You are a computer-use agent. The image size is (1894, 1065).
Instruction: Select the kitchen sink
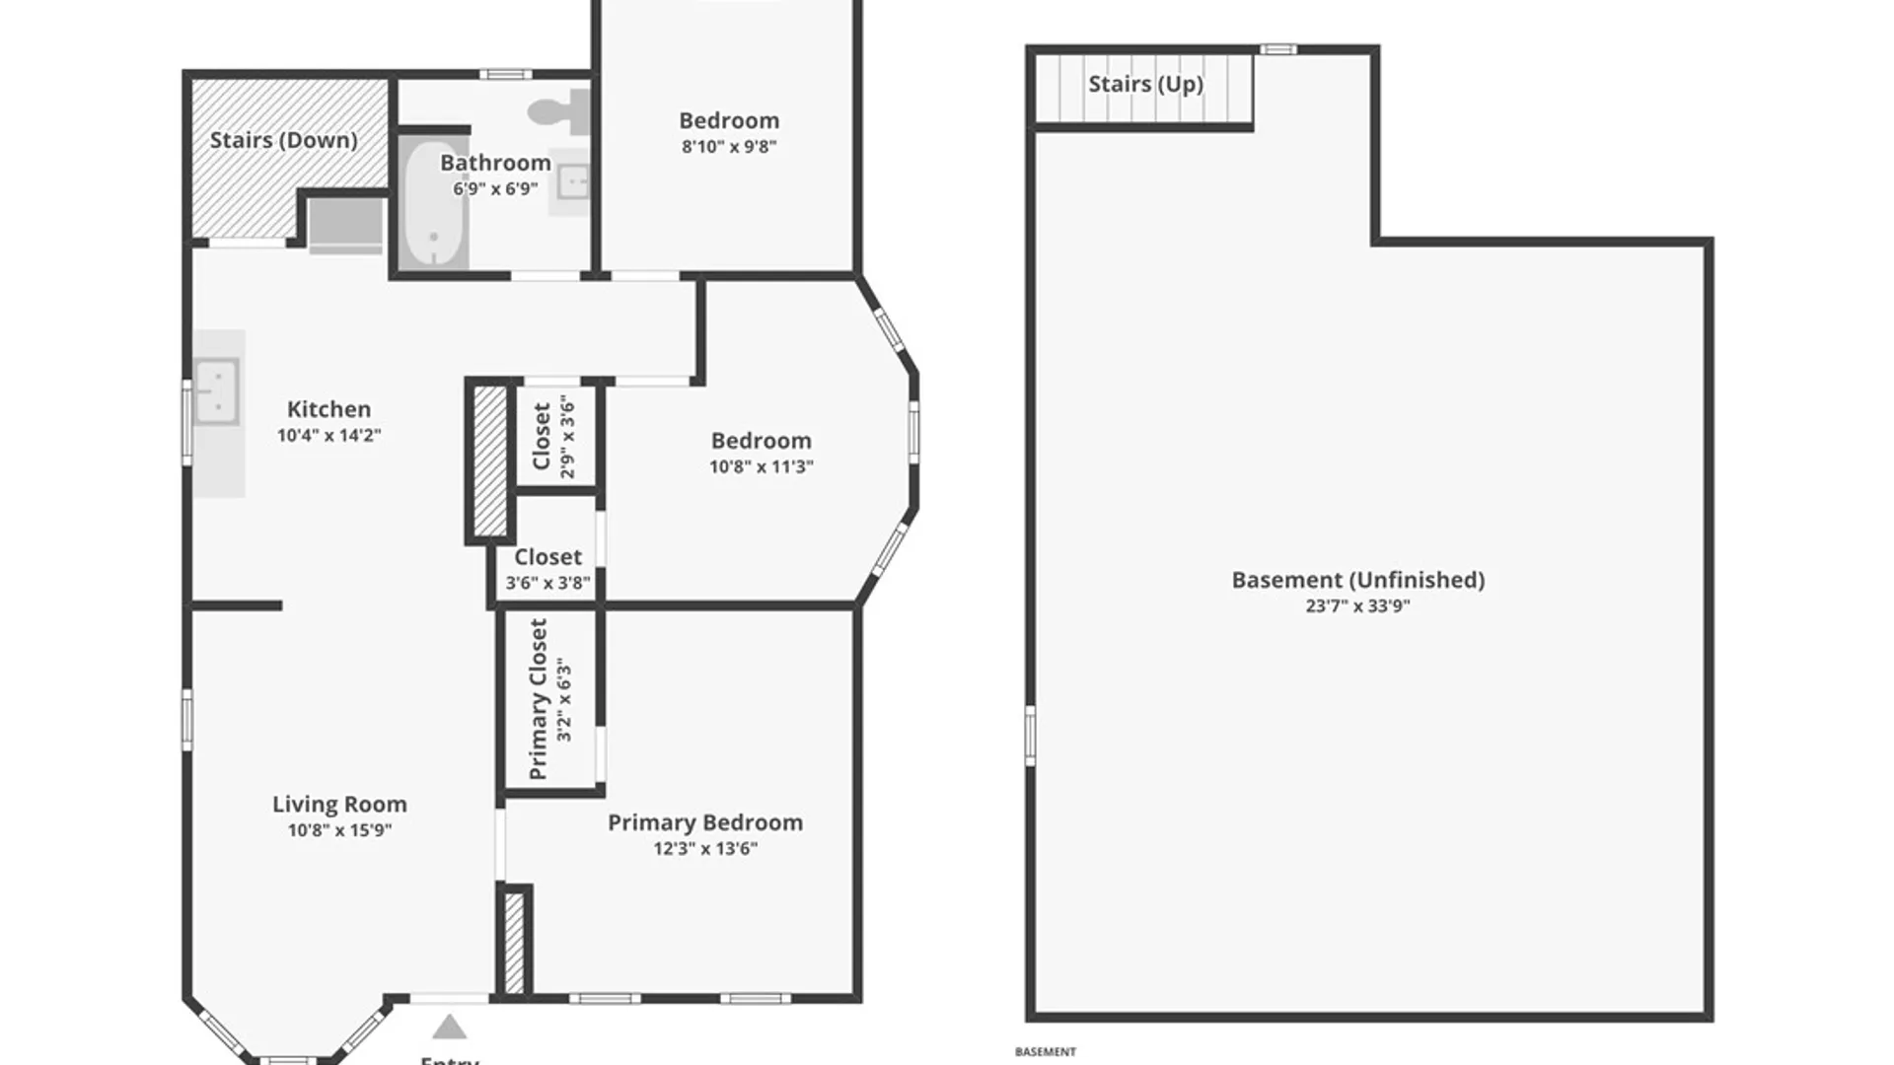(216, 390)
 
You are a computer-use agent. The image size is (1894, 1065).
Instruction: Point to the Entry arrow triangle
(450, 1028)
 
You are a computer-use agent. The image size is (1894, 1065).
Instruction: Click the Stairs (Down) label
(283, 140)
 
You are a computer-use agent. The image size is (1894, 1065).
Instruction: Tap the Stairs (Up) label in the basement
(1145, 84)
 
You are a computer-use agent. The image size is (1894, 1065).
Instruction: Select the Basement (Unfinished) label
(1357, 580)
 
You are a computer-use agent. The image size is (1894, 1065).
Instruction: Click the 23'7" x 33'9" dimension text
(1357, 606)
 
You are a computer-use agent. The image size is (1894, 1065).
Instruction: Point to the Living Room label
(339, 805)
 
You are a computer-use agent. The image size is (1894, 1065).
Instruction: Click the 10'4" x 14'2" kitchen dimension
(328, 435)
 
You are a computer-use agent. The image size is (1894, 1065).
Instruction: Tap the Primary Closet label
(539, 698)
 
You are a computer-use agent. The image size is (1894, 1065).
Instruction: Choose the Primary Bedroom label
(704, 822)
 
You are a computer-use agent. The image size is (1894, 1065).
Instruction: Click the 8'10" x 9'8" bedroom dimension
(729, 147)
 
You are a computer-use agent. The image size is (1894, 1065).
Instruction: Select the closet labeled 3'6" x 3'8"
(547, 569)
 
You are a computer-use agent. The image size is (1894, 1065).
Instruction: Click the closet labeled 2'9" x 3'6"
(552, 436)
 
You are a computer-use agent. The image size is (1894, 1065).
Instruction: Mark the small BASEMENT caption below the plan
(1045, 1052)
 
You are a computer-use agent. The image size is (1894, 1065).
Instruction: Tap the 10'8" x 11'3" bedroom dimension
(761, 466)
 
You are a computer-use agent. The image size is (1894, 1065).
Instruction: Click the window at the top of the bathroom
(505, 74)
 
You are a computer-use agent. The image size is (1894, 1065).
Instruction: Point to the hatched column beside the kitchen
(489, 461)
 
